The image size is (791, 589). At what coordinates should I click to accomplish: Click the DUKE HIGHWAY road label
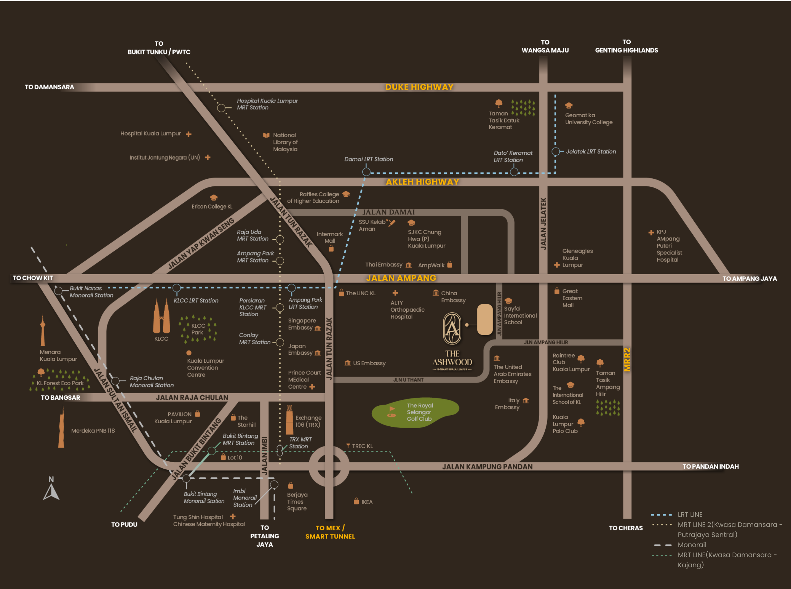click(419, 87)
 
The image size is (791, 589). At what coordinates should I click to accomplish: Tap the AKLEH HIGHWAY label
click(422, 182)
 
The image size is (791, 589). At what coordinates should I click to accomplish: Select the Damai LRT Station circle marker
click(366, 172)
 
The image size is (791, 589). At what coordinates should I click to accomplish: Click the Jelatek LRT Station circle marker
click(556, 152)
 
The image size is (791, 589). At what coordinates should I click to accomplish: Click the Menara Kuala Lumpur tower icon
click(43, 330)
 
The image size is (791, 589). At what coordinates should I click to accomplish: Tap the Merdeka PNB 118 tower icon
click(61, 426)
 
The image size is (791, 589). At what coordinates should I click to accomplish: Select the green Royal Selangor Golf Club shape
click(415, 412)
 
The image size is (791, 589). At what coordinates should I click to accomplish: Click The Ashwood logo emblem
click(452, 328)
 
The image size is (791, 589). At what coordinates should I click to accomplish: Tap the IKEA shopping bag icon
click(356, 501)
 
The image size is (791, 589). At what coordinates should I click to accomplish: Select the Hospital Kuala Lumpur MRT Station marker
click(221, 108)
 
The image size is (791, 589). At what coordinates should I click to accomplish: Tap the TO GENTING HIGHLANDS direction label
click(626, 46)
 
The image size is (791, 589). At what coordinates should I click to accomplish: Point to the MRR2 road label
click(627, 360)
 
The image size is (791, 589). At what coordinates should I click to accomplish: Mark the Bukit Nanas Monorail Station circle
click(58, 291)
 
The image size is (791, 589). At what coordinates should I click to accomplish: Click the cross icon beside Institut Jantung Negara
click(208, 157)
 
